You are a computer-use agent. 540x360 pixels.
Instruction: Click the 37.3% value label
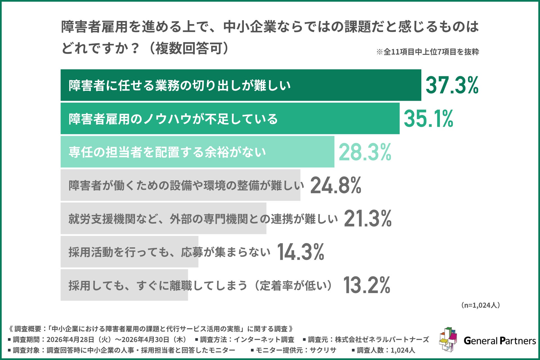pyautogui.click(x=452, y=85)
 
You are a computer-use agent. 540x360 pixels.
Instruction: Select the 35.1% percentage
pyautogui.click(x=428, y=118)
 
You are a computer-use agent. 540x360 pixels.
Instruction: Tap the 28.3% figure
pyautogui.click(x=365, y=152)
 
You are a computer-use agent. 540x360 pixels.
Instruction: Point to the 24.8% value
pyautogui.click(x=336, y=185)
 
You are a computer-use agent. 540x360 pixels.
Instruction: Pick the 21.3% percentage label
pyautogui.click(x=368, y=219)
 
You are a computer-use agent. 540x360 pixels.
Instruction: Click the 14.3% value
pyautogui.click(x=300, y=252)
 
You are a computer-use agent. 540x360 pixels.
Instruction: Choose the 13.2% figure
pyautogui.click(x=366, y=285)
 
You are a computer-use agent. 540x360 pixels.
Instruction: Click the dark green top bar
pyautogui.click(x=241, y=85)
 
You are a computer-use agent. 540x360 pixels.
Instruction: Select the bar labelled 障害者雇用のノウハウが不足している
pyautogui.click(x=230, y=118)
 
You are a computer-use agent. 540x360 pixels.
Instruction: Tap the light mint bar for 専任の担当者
pyautogui.click(x=197, y=152)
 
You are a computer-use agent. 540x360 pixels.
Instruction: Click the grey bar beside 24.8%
pyautogui.click(x=181, y=185)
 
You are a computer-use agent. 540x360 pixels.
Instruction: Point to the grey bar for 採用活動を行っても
pyautogui.click(x=129, y=252)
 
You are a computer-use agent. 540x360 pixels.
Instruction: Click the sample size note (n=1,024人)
pyautogui.click(x=480, y=305)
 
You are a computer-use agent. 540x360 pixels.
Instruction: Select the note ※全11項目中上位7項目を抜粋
pyautogui.click(x=427, y=52)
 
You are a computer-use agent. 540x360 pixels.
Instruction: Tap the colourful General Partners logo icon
pyautogui.click(x=448, y=339)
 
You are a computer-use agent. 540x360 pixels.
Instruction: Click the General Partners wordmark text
pyautogui.click(x=500, y=341)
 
